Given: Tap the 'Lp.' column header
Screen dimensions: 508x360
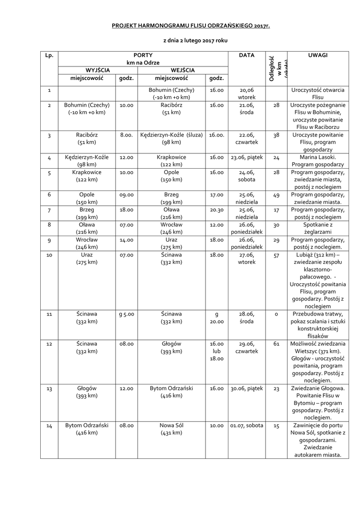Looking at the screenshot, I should point(49,56).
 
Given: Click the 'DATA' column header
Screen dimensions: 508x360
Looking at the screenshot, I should point(246,56).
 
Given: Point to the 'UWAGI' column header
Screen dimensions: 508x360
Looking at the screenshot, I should point(317,56).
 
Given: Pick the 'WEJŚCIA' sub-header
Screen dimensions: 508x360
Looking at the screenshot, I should point(182,70).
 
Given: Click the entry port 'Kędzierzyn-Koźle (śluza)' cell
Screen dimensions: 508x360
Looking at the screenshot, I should point(171,138).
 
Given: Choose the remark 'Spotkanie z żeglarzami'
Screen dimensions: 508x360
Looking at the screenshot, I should point(317,228).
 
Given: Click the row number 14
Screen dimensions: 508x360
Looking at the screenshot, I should point(49,426).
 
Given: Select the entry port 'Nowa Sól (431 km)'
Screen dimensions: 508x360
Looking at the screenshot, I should point(171,429).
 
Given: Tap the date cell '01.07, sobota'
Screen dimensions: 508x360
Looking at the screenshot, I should point(247,426).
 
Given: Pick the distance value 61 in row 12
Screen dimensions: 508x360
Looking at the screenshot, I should point(277,344).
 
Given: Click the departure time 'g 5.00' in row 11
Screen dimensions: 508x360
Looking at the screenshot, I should point(127,314).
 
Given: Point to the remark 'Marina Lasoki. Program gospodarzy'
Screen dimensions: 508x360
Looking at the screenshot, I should point(317,161).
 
